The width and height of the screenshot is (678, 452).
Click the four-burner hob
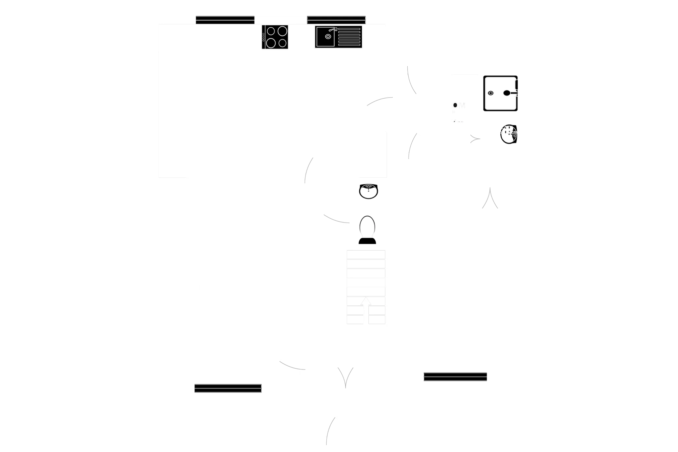tap(276, 37)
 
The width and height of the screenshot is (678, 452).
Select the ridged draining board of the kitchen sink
tap(349, 37)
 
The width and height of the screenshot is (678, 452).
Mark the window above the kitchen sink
tap(336, 20)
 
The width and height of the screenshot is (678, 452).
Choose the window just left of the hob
tap(225, 20)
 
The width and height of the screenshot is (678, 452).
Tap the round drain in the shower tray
tap(491, 93)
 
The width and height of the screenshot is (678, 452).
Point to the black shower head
tap(507, 93)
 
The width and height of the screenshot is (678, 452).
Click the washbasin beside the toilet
tap(369, 191)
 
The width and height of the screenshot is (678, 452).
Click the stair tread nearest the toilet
tap(366, 255)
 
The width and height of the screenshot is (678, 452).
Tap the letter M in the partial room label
tap(462, 105)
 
